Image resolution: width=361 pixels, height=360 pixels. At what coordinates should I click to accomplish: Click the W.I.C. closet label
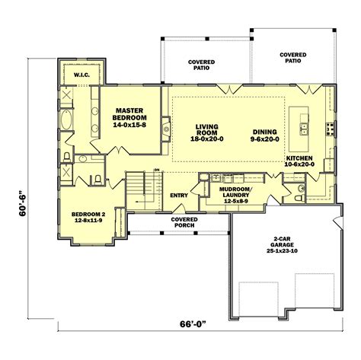(81, 76)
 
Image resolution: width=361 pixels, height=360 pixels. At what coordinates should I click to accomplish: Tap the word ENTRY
(179, 196)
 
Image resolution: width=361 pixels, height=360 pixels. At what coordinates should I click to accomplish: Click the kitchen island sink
(302, 125)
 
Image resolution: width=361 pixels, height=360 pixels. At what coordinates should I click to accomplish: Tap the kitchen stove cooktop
(330, 125)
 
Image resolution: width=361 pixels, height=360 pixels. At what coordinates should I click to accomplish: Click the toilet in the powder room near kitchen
(302, 186)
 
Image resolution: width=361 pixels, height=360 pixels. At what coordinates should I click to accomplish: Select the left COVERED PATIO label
(203, 64)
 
